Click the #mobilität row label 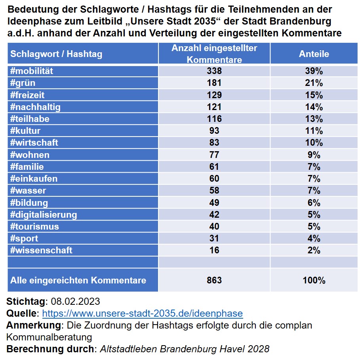point(32,71)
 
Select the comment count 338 point(214,71)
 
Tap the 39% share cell point(314,71)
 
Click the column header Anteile point(314,54)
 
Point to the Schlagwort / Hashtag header point(56,54)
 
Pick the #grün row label point(23,83)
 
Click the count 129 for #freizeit point(214,95)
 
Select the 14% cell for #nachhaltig point(314,107)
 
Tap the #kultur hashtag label point(25,131)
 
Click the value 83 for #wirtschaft point(214,142)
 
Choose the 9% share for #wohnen point(314,155)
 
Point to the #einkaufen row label point(34,179)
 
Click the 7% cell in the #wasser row point(314,191)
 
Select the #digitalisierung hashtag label point(44,215)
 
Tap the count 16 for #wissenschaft point(214,250)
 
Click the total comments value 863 point(214,280)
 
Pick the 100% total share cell point(314,280)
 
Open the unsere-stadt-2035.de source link point(143,313)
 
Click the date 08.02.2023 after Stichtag point(75,301)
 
